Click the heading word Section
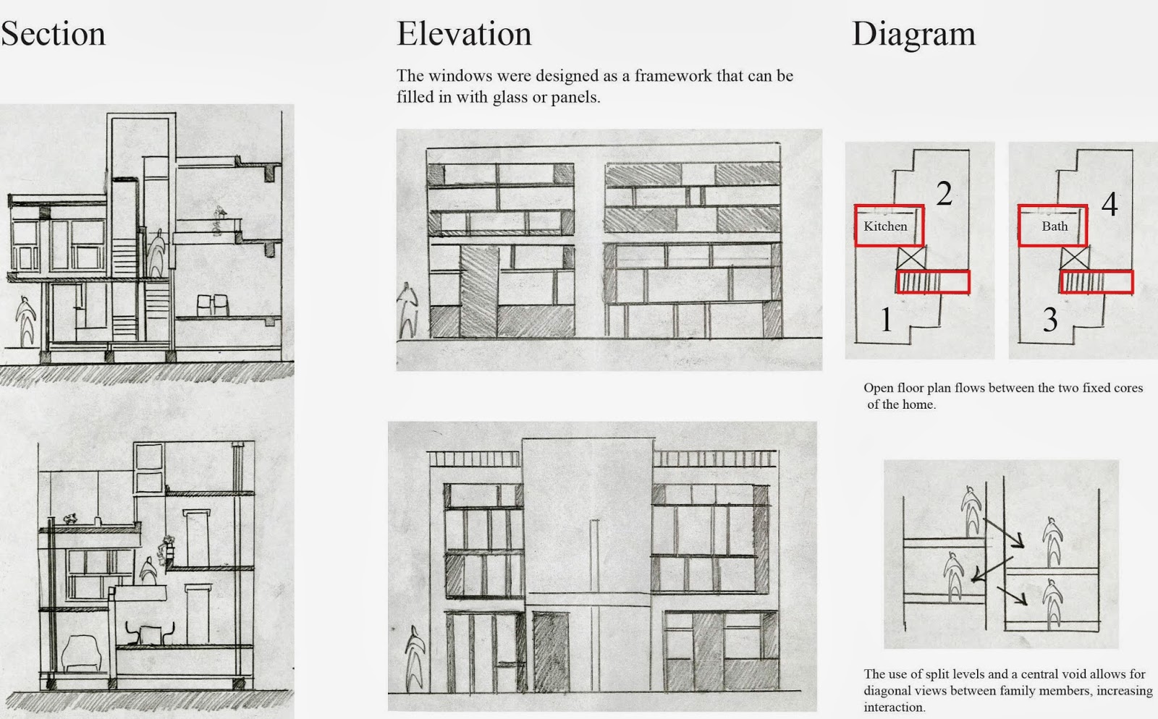(x=53, y=34)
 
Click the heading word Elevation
(x=464, y=34)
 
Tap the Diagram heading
(x=913, y=34)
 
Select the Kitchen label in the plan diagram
(x=885, y=226)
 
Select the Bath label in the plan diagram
(x=1055, y=226)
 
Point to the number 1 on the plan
(x=885, y=319)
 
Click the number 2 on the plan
(x=944, y=194)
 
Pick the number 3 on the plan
(x=1050, y=319)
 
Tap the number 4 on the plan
(x=1109, y=205)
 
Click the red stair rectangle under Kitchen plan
(x=932, y=282)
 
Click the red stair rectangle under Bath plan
(x=1096, y=282)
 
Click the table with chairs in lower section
(x=151, y=634)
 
